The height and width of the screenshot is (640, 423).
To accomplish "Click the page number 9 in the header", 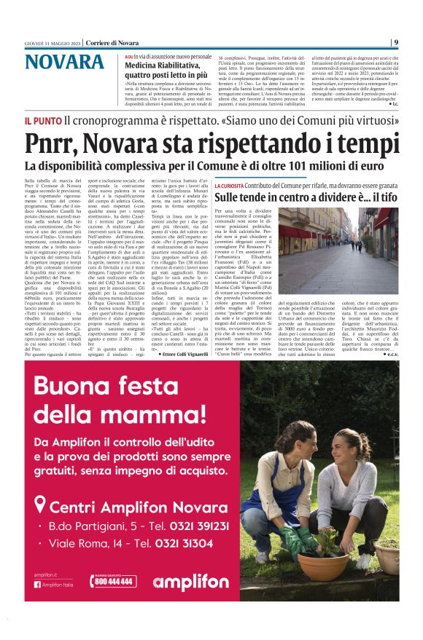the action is click(x=395, y=42).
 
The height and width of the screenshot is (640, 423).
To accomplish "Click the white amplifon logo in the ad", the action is click(x=192, y=582).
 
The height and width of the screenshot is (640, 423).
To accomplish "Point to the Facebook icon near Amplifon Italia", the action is click(x=37, y=585).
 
